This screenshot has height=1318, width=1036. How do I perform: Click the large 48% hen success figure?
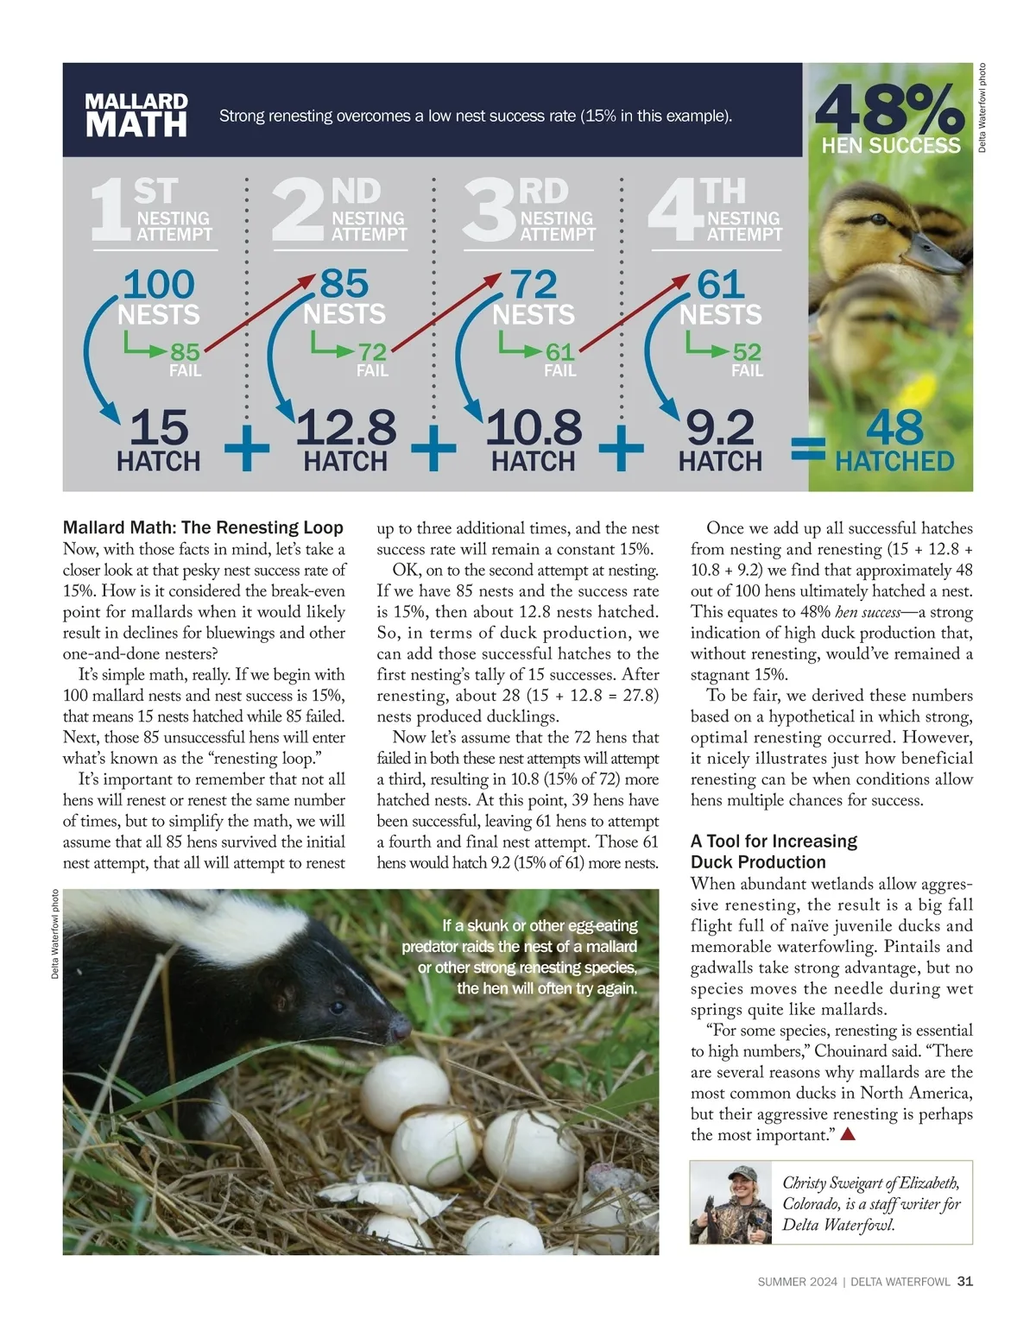889,109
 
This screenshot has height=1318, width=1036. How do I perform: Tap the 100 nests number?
159,285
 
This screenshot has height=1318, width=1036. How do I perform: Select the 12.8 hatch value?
345,428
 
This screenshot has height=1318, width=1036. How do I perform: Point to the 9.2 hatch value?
720,428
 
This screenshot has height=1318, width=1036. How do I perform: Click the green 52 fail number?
747,352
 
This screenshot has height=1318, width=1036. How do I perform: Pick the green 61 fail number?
559,352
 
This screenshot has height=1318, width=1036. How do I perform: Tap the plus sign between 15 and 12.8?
247,450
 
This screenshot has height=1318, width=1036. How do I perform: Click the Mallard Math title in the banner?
136,116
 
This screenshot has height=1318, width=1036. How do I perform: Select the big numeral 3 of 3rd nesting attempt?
489,210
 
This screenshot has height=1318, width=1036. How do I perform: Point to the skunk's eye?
338,1007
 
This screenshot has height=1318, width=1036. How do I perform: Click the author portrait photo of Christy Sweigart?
731,1202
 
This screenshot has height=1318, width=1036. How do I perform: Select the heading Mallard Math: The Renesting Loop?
204,527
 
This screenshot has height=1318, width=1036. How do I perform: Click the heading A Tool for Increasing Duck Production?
774,851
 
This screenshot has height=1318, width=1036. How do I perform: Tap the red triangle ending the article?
848,1135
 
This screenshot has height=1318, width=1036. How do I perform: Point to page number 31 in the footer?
965,1282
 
